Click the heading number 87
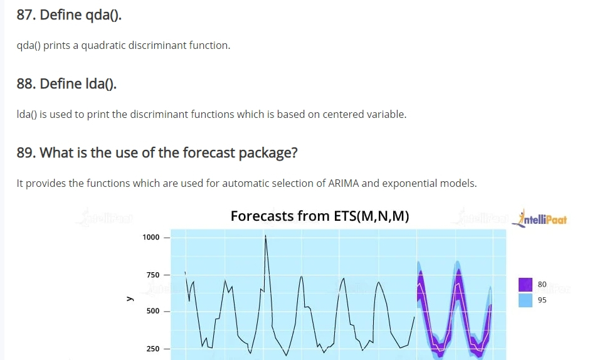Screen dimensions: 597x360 pyautogui.click(x=26, y=15)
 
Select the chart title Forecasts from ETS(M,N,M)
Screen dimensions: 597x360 pyautogui.click(x=320, y=216)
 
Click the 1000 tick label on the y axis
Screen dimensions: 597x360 pyautogui.click(x=151, y=237)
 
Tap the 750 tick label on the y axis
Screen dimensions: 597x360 pyautogui.click(x=153, y=275)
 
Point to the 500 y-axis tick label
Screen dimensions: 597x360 pyautogui.click(x=153, y=311)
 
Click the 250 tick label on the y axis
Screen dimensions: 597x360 pyautogui.click(x=153, y=349)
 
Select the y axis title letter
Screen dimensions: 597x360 pyautogui.click(x=130, y=299)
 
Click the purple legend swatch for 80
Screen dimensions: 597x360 pyautogui.click(x=526, y=285)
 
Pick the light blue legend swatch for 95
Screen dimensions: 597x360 pyautogui.click(x=526, y=300)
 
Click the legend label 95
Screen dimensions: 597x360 pyautogui.click(x=542, y=300)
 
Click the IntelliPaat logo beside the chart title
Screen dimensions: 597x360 pyautogui.click(x=539, y=219)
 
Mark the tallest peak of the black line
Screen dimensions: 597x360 pyautogui.click(x=266, y=235)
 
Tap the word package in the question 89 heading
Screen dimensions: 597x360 pyautogui.click(x=268, y=153)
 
